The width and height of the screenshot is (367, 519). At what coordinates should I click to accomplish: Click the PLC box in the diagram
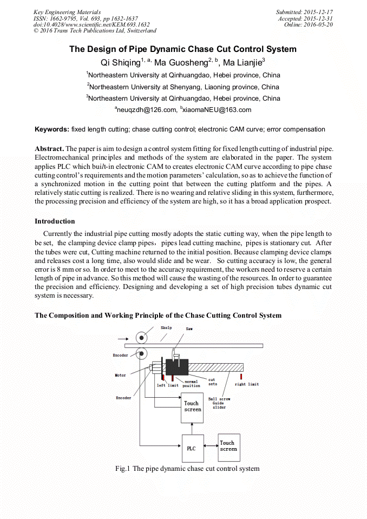[x=191, y=448]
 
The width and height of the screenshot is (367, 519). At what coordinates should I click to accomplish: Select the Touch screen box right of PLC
[x=228, y=445]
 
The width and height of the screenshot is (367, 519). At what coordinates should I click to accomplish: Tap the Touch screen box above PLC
[x=192, y=407]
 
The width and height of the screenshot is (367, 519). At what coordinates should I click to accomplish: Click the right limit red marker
[x=241, y=376]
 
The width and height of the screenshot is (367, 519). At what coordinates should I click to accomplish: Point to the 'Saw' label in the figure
[x=189, y=329]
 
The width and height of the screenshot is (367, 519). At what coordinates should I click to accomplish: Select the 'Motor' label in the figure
[x=120, y=375]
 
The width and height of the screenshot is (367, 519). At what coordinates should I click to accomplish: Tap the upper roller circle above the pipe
[x=142, y=338]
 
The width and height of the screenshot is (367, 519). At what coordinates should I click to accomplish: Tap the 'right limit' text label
[x=247, y=384]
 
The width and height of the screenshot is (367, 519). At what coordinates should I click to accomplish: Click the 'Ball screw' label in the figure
[x=219, y=399]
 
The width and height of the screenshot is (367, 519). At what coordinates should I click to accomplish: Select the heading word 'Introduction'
[x=55, y=221]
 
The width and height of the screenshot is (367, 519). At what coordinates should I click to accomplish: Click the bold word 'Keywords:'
[x=52, y=129]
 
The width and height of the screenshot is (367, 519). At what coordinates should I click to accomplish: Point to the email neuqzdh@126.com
[x=146, y=110]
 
